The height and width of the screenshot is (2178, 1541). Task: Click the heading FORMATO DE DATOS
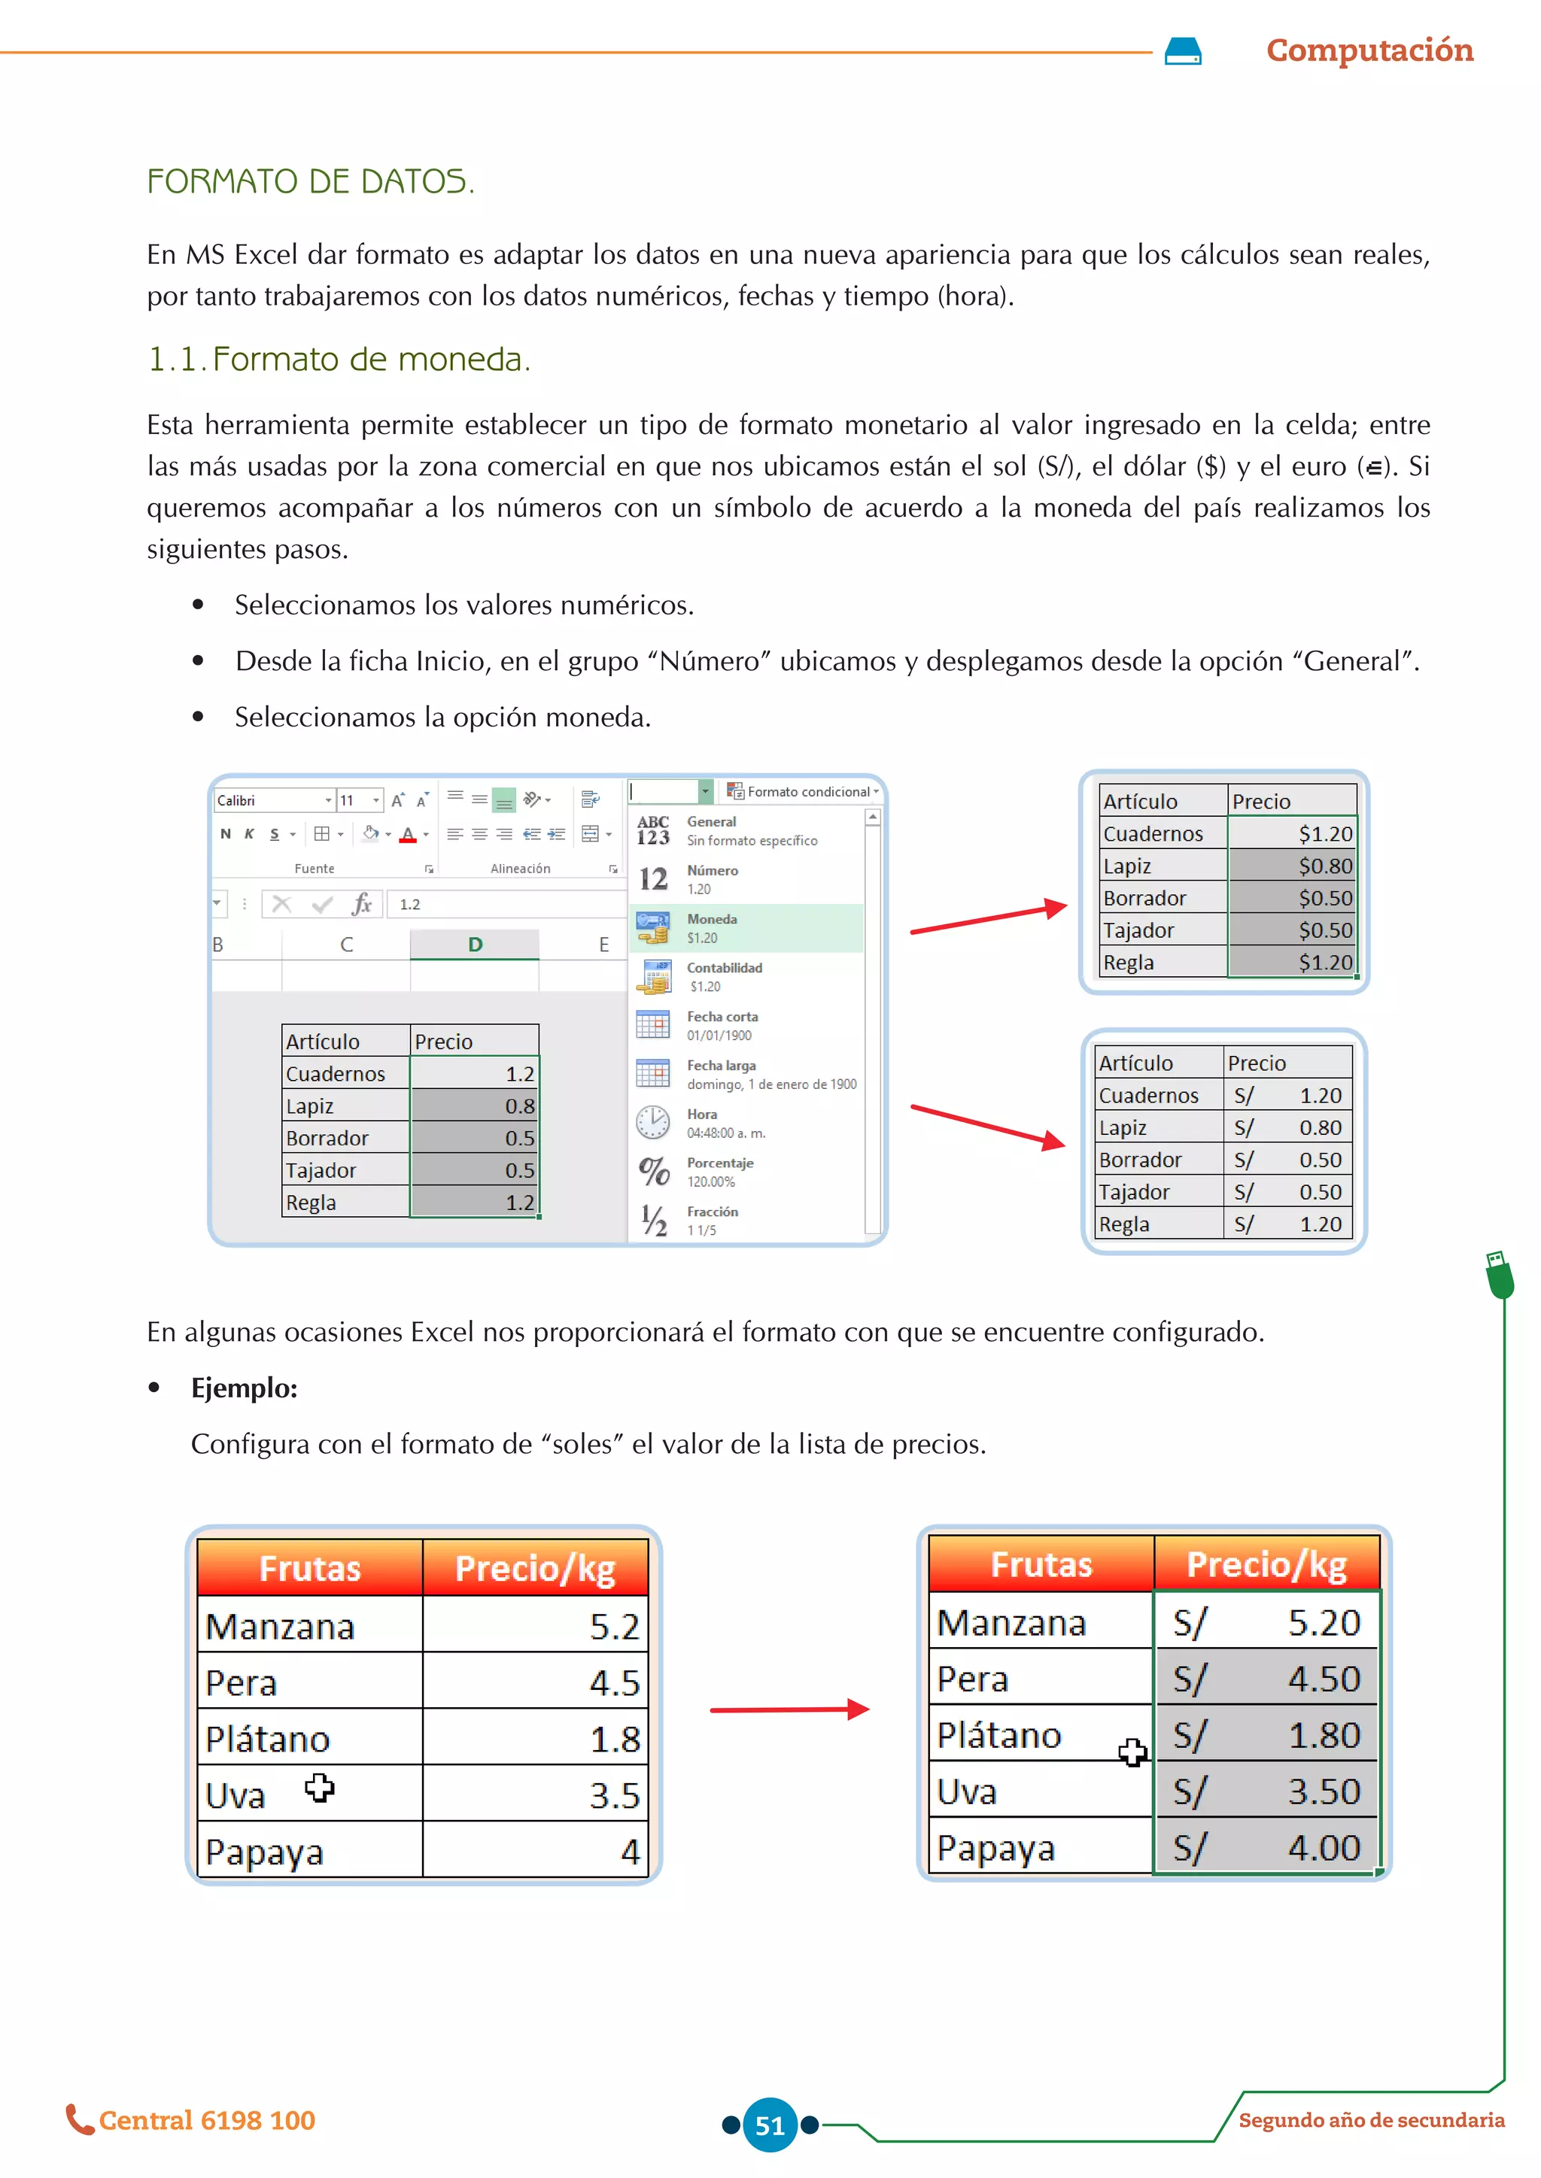310,181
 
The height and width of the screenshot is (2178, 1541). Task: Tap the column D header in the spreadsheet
475,945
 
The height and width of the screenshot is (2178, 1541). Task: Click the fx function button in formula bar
361,904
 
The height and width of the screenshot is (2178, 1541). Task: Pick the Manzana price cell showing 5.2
535,1626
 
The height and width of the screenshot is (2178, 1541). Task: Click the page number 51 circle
770,2125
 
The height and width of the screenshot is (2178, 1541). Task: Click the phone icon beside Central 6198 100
79,2119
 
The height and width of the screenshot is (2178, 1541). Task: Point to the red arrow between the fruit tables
789,1709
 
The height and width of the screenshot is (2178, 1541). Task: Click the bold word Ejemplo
244,1388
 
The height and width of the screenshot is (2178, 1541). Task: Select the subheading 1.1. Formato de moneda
339,359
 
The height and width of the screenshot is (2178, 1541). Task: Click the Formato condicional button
803,791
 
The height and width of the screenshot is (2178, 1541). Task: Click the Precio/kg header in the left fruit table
535,1568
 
